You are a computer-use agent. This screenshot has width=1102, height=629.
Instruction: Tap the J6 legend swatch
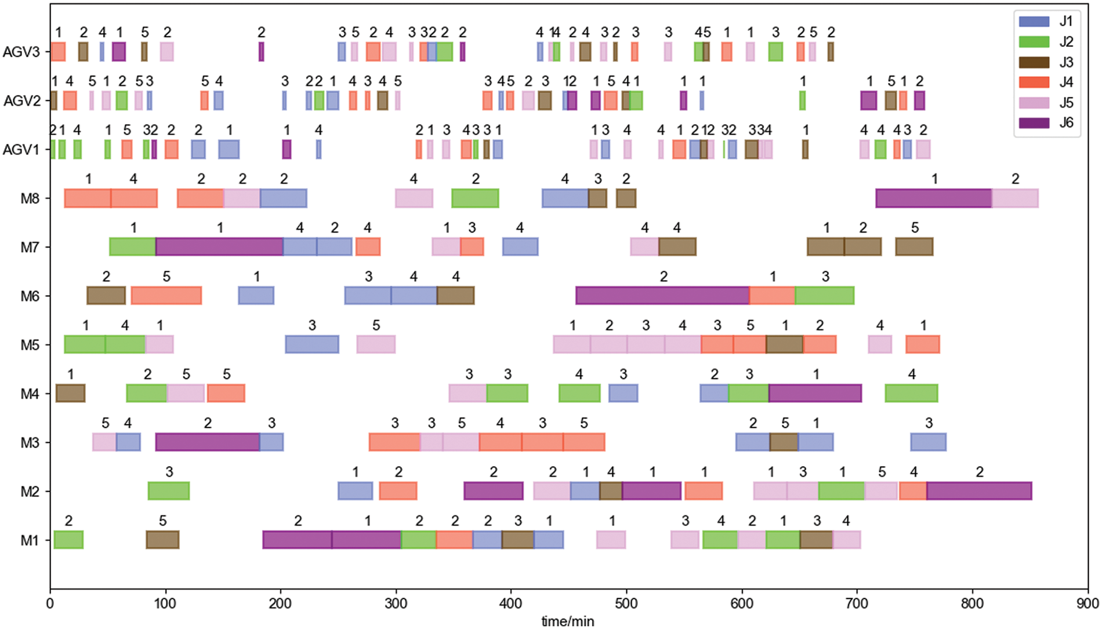tap(1034, 123)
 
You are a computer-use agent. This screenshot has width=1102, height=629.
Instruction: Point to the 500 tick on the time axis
tap(626, 603)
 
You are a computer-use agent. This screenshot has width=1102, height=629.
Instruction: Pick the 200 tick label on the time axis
tap(280, 603)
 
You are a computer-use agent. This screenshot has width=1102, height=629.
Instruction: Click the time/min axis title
tap(568, 621)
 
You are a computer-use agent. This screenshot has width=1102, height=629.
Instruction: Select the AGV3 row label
tap(21, 52)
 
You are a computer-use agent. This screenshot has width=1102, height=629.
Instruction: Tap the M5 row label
tap(30, 346)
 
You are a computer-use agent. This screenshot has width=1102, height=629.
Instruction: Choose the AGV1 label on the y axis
tap(21, 150)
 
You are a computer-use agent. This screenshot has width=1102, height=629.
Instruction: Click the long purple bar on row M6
tap(662, 296)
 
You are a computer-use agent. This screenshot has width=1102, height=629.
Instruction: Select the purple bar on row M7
tap(219, 247)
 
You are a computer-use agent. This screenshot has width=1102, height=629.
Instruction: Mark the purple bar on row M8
tap(934, 198)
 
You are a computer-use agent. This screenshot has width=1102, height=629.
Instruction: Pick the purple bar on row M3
tap(208, 442)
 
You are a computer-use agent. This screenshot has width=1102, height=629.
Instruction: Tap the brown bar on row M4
tap(71, 394)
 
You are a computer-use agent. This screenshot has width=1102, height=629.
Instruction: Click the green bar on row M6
tap(824, 296)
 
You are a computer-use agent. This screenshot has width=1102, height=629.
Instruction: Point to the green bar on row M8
tap(475, 198)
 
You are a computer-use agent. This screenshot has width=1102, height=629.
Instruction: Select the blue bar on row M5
tap(312, 345)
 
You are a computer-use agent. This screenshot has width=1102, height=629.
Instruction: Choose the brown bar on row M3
tap(784, 442)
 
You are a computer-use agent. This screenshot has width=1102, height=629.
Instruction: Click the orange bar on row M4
tap(226, 394)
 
